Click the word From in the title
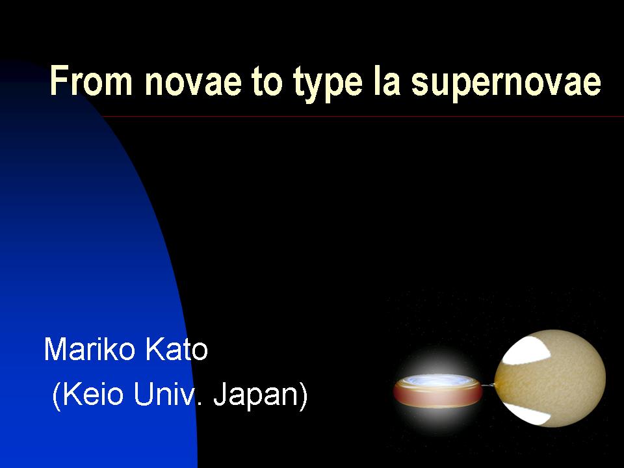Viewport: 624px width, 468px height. (91, 81)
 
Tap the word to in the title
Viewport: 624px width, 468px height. (267, 82)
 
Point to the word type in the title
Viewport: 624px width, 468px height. (328, 85)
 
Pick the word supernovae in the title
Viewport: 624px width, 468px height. (506, 84)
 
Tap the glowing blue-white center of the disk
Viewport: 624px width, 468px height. (437, 381)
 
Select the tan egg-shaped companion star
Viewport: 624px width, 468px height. (550, 378)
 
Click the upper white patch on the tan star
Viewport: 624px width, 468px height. (526, 350)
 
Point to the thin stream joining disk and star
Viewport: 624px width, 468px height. (488, 385)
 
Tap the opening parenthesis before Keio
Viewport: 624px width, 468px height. (57, 396)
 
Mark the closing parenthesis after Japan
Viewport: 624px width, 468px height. (304, 396)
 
